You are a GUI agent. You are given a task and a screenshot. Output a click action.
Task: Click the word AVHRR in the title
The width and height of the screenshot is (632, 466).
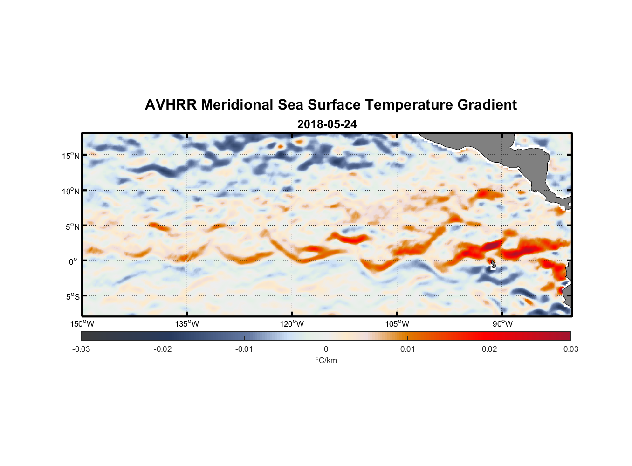click(171, 105)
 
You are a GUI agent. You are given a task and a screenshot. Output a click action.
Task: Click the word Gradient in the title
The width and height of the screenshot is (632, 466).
click(487, 105)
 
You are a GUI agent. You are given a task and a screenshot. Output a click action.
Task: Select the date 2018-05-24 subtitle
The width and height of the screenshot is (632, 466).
click(327, 124)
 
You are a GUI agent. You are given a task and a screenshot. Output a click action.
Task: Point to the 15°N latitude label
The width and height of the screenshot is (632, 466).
click(71, 156)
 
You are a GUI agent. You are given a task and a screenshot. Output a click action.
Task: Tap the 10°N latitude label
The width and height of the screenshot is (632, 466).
click(71, 191)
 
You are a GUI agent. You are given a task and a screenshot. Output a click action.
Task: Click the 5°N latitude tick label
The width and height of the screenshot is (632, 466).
click(73, 226)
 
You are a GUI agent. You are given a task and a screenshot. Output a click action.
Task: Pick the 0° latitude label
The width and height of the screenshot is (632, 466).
click(73, 261)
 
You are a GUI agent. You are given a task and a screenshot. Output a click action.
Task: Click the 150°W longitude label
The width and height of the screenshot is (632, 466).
click(82, 324)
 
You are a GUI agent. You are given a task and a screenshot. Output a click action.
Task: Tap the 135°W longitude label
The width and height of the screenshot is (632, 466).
click(187, 324)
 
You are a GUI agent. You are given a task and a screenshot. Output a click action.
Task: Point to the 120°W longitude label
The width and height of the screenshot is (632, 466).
click(292, 324)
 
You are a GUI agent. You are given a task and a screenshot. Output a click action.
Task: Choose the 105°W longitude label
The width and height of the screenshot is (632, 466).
click(397, 324)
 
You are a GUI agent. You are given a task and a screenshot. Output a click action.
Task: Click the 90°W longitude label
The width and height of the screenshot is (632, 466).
click(502, 324)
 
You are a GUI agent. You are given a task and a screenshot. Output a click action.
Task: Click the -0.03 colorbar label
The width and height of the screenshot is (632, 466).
click(81, 349)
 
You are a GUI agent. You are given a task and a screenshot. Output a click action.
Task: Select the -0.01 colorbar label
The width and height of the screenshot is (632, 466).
click(244, 349)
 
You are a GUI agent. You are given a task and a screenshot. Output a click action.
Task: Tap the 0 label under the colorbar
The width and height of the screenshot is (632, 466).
click(326, 349)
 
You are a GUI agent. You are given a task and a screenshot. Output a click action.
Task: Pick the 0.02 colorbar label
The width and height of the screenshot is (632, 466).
click(489, 349)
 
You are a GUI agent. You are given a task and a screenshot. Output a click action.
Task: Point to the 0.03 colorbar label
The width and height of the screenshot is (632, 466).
click(570, 349)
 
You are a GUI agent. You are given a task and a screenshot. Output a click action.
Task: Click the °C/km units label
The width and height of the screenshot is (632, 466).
click(326, 360)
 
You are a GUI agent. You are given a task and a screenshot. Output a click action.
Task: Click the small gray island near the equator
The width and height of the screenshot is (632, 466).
click(493, 264)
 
